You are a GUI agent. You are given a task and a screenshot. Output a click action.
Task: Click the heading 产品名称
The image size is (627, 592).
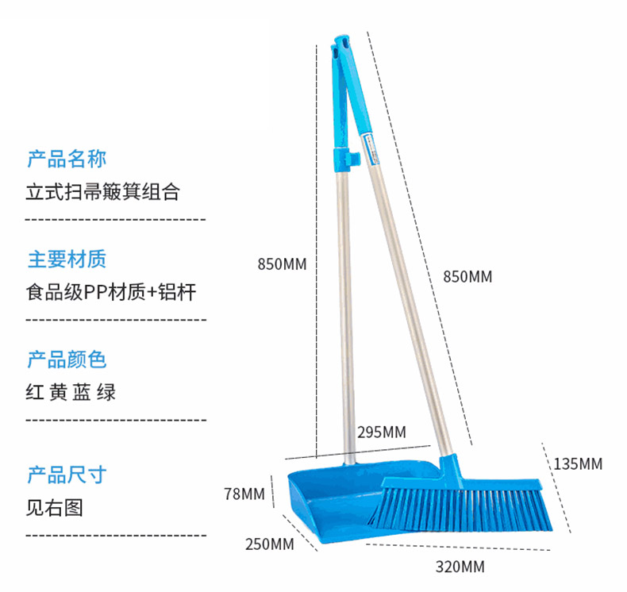click(67, 159)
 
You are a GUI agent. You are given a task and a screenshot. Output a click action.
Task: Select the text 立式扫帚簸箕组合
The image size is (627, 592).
click(104, 191)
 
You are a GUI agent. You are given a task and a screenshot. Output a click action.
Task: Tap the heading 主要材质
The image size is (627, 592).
click(67, 259)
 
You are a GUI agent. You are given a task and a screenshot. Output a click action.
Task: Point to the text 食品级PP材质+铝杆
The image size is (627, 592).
click(110, 292)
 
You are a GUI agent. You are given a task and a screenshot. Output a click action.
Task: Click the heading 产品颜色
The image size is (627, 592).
click(67, 359)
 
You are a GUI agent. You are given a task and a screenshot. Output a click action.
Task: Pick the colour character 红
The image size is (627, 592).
click(36, 392)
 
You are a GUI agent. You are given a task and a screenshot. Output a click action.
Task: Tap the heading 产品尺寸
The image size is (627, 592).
click(67, 475)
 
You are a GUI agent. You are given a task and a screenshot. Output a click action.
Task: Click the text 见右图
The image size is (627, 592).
click(55, 507)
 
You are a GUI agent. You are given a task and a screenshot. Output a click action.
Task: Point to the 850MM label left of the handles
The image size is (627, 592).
click(282, 264)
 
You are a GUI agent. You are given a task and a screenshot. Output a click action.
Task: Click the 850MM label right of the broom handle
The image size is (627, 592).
click(467, 277)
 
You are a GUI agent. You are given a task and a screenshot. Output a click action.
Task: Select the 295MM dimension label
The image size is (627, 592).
click(382, 432)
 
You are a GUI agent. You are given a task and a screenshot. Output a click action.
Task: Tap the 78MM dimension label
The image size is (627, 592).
click(244, 494)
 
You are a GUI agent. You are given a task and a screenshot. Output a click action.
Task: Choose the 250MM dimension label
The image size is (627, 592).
click(270, 544)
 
